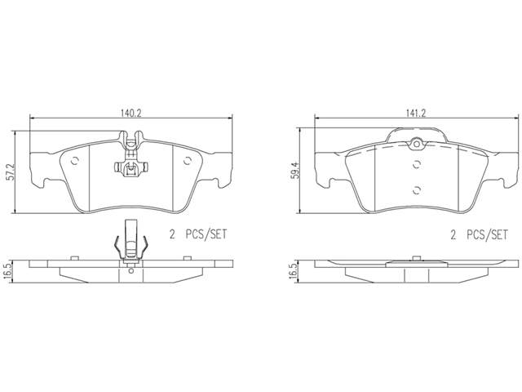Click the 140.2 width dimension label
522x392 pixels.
(x=130, y=113)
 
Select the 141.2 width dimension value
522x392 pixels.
(x=415, y=113)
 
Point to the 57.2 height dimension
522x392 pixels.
(x=11, y=172)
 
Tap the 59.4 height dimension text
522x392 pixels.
(x=295, y=170)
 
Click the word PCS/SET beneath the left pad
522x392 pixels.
(x=206, y=234)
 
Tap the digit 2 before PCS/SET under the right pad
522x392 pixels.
(x=453, y=235)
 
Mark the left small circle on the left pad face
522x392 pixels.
(x=75, y=161)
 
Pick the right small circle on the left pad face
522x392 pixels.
(x=188, y=161)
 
